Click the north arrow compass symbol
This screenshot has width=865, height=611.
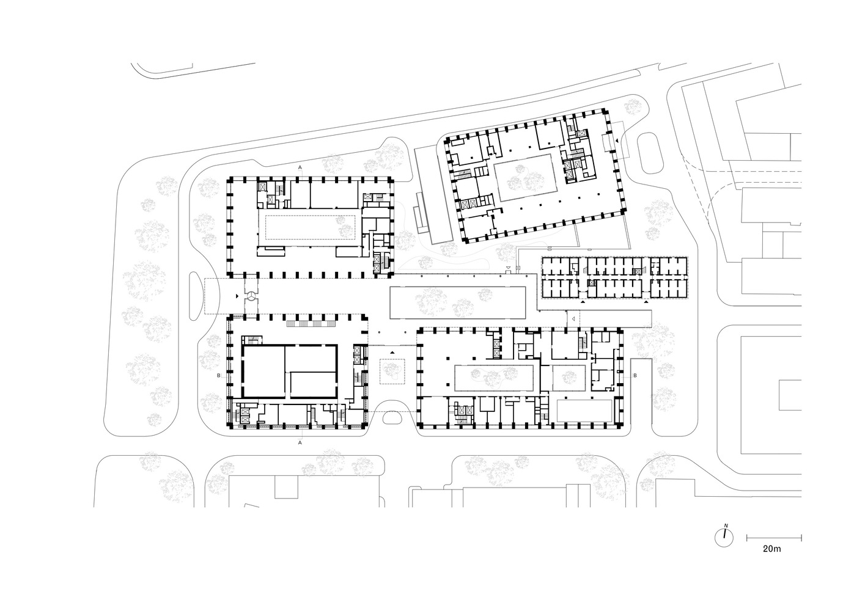(x=724, y=536)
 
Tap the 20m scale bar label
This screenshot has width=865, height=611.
(x=773, y=549)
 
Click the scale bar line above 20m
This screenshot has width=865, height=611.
(x=774, y=537)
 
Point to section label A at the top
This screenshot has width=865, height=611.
(x=300, y=167)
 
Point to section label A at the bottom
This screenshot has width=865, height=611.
(x=300, y=441)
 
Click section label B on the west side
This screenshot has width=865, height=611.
(x=218, y=376)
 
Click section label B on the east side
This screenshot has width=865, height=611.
(x=635, y=375)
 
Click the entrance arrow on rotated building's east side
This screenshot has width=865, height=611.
(x=617, y=141)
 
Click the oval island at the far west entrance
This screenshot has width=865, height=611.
(x=196, y=295)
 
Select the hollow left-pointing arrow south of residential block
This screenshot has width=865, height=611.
(x=573, y=319)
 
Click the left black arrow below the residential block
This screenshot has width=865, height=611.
(x=582, y=302)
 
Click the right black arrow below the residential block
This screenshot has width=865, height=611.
(x=647, y=302)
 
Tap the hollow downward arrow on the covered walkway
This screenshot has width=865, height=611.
(x=507, y=269)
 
